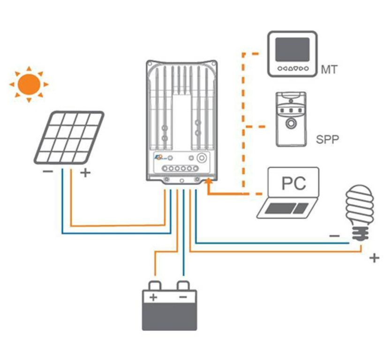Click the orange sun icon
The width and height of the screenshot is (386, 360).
[29, 84]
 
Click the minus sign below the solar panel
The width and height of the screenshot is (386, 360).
[47, 172]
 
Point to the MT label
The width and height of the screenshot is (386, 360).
[329, 70]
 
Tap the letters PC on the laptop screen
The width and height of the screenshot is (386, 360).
[294, 183]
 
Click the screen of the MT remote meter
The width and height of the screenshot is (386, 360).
[292, 50]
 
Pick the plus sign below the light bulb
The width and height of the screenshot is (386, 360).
[374, 258]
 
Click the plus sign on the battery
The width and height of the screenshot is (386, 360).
[153, 297]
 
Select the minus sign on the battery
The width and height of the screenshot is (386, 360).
[183, 297]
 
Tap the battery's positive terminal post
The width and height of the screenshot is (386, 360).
[155, 285]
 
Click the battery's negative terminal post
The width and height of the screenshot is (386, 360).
[183, 285]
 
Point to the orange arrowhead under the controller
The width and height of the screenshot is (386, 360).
[208, 187]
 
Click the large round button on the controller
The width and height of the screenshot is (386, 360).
[202, 158]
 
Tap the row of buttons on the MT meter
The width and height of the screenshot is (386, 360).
[292, 68]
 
